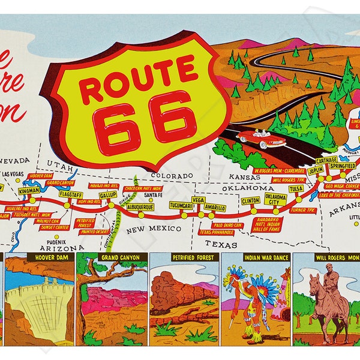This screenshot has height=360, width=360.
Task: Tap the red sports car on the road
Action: pos(260,139)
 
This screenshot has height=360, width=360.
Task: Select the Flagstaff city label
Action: pos(70,194)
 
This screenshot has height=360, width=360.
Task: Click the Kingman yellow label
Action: pos(29,190)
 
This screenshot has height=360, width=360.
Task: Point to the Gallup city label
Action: pos(108,195)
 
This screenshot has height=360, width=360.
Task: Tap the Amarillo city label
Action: pos(214,208)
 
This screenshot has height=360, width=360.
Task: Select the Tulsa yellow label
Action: pos(296,188)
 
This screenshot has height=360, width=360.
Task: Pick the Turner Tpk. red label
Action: pos(302,210)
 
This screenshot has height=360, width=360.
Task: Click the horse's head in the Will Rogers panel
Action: pos(314,280)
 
